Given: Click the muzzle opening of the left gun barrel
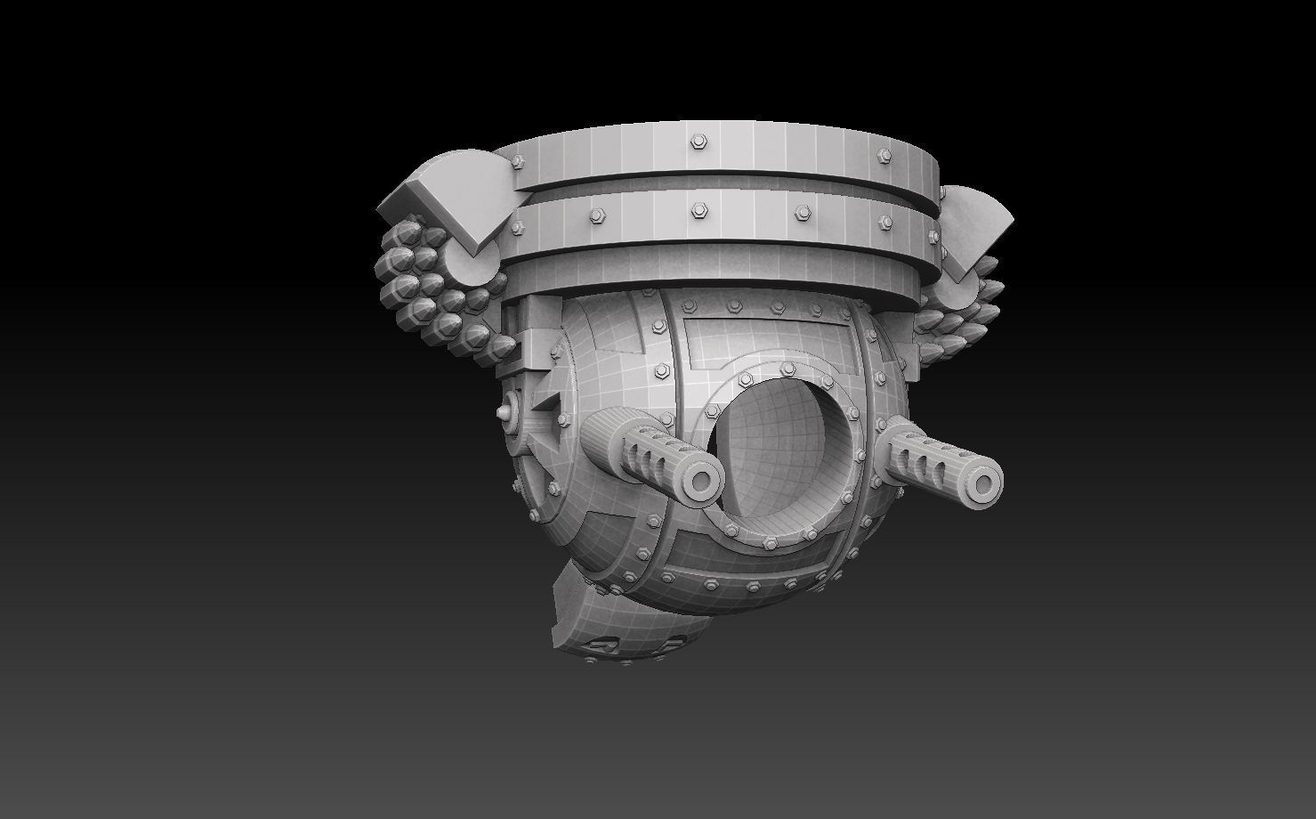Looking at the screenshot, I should coord(702,482).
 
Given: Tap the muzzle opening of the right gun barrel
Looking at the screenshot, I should coord(982,484).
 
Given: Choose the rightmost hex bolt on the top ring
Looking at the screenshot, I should coord(884,152).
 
